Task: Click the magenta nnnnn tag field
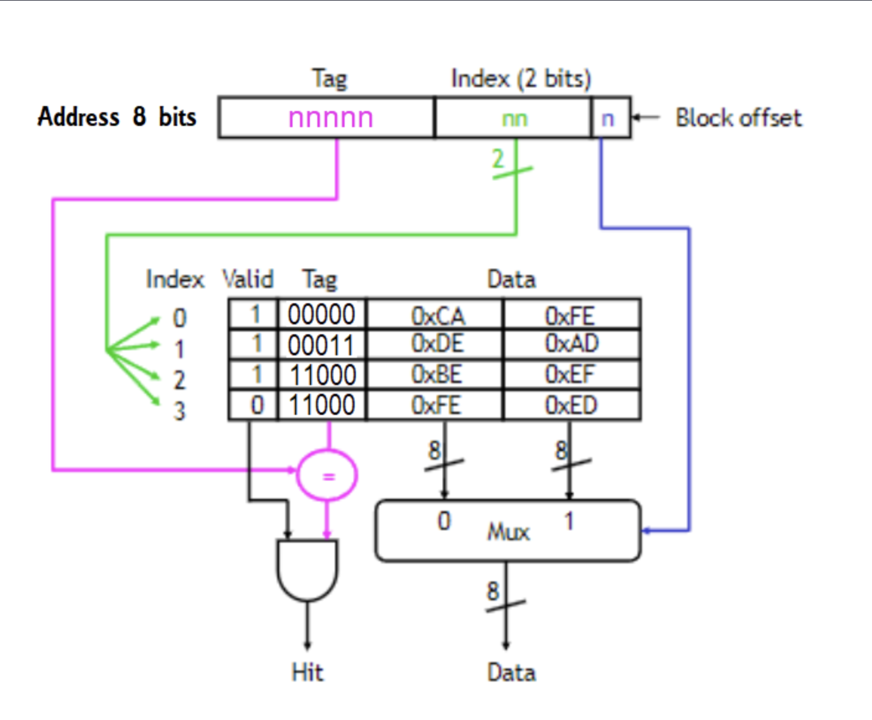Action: click(x=330, y=118)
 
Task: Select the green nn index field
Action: click(x=514, y=118)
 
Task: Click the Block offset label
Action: click(x=738, y=117)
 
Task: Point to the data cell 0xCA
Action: click(x=438, y=316)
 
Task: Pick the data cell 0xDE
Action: click(x=438, y=344)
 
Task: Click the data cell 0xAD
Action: click(x=571, y=344)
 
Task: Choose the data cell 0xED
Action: click(x=571, y=405)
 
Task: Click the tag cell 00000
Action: click(x=322, y=314)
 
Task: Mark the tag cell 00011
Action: click(x=321, y=345)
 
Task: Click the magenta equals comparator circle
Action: click(x=327, y=476)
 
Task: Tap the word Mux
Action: click(x=508, y=532)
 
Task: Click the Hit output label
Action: click(x=307, y=672)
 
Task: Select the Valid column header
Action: click(x=247, y=279)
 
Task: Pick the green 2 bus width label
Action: click(x=498, y=159)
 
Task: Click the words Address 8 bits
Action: click(x=117, y=117)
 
